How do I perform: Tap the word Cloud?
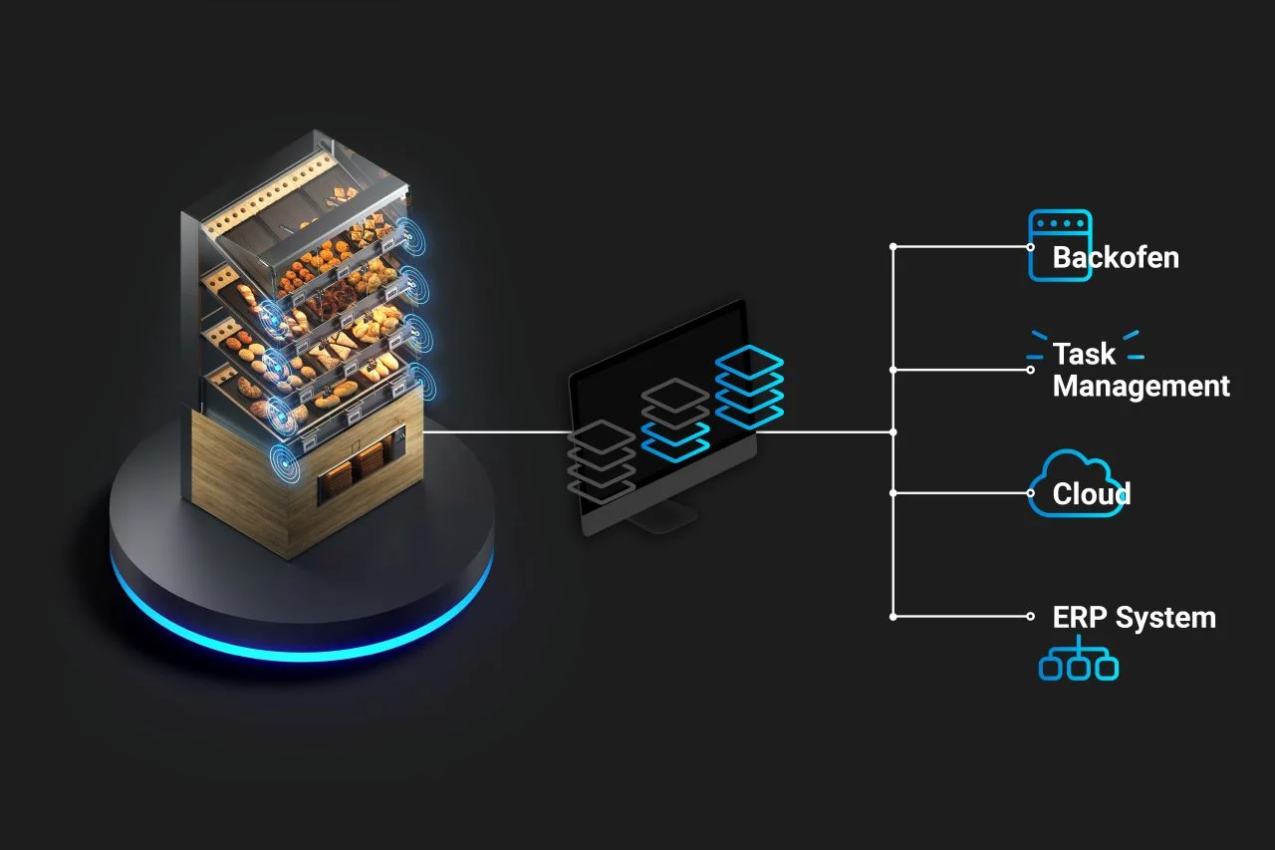[x=1092, y=494]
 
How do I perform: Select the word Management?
[x=1142, y=386]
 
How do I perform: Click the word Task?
[x=1085, y=354]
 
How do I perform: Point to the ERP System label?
[x=1134, y=618]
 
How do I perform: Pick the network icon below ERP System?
[x=1078, y=663]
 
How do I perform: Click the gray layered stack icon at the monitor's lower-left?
[x=602, y=459]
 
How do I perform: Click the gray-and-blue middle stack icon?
[x=674, y=420]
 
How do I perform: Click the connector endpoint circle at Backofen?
[x=1031, y=246]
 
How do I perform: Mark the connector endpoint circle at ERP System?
[x=1031, y=617]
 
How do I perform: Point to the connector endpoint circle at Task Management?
[x=1031, y=370]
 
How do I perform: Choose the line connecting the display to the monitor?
[x=498, y=432]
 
